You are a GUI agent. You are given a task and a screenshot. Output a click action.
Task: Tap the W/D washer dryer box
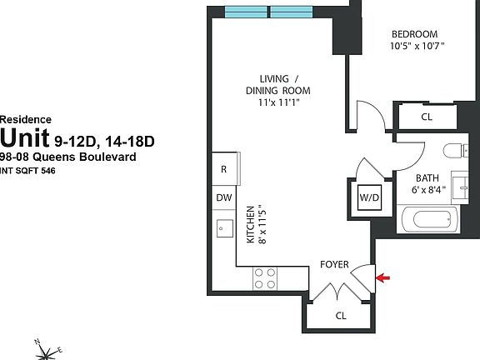pyautogui.click(x=368, y=197)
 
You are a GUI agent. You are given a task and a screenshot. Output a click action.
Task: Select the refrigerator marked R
pyautogui.click(x=223, y=169)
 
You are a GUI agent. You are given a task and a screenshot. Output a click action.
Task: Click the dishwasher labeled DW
pyautogui.click(x=223, y=197)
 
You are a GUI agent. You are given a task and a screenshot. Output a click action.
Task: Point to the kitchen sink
pyautogui.click(x=223, y=227)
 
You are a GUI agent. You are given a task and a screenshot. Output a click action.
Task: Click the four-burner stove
pyautogui.click(x=266, y=278)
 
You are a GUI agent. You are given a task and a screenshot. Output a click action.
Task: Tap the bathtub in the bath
pyautogui.click(x=430, y=221)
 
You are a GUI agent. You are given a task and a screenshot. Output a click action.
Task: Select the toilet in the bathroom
pyautogui.click(x=450, y=152)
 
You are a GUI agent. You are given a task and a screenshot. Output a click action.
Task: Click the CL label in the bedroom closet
pyautogui.click(x=427, y=117)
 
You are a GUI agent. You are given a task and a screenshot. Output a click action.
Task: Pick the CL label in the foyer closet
pyautogui.click(x=341, y=316)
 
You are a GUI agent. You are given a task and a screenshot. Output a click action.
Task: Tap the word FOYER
pyautogui.click(x=335, y=265)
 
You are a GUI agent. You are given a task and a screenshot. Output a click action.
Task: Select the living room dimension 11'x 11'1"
pyautogui.click(x=277, y=102)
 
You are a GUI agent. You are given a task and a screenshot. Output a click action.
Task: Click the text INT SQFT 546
pyautogui.click(x=32, y=170)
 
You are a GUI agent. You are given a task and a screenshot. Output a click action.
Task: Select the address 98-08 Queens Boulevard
pyautogui.click(x=67, y=157)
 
